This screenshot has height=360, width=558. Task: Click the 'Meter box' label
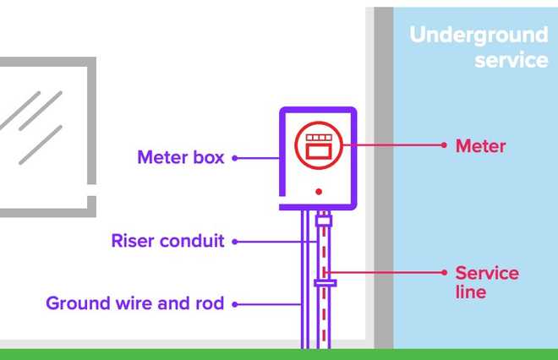click(180, 157)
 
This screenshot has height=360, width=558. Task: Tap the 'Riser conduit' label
click(167, 241)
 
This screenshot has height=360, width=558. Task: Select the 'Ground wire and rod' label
click(135, 303)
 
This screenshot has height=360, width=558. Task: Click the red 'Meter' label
click(480, 146)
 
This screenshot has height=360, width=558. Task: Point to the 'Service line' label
click(486, 282)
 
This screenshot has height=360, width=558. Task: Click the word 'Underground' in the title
click(479, 35)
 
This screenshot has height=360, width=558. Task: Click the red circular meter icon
click(319, 145)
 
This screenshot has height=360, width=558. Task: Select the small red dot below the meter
click(319, 193)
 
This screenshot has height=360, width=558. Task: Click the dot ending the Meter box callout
click(235, 157)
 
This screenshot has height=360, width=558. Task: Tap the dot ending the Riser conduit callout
click(235, 241)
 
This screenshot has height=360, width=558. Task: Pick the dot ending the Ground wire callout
click(235, 303)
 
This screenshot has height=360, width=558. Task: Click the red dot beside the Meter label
click(444, 145)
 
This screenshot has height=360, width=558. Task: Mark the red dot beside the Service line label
click(444, 272)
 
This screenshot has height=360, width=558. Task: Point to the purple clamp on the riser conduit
click(320, 281)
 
